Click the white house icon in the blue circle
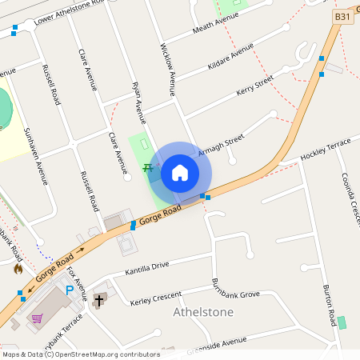[180, 172]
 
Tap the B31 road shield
[342, 17]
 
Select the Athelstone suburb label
[203, 311]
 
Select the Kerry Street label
[254, 85]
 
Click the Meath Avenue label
[212, 27]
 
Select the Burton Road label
[329, 304]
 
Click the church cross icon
[99, 300]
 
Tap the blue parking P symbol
[70, 290]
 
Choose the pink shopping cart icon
[37, 318]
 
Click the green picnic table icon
[148, 168]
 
